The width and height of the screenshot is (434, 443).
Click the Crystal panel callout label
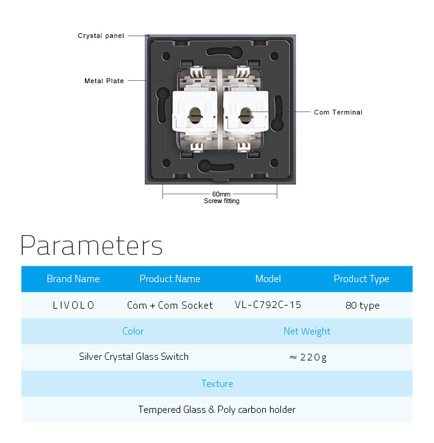pos(101,36)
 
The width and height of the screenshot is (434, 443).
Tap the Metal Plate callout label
pos(104,81)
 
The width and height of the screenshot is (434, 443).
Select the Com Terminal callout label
pos(338,112)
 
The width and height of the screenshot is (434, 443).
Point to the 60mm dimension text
pos(221,194)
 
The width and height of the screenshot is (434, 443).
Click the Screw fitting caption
pos(222,201)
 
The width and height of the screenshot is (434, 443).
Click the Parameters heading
pos(92,245)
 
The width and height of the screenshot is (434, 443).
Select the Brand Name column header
pos(73,279)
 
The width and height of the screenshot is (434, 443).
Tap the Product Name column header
pos(170,279)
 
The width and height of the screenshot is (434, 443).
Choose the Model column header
pos(268,279)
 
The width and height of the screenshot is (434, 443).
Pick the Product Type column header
pos(362,279)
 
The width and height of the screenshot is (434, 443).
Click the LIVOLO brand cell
pos(74,305)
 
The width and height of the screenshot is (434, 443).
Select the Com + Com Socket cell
pos(170,305)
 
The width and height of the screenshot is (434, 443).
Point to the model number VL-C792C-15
pos(268,305)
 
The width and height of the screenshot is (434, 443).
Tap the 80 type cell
pos(362,306)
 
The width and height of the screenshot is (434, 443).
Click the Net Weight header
pos(307,331)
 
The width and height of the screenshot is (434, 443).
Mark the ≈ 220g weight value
pos(308,357)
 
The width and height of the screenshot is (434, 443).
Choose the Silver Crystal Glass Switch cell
pos(134,357)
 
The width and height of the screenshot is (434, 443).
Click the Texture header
pos(217,383)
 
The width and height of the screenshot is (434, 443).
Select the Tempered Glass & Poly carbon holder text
pos(217,410)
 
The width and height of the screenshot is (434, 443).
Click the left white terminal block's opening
pos(195,115)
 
